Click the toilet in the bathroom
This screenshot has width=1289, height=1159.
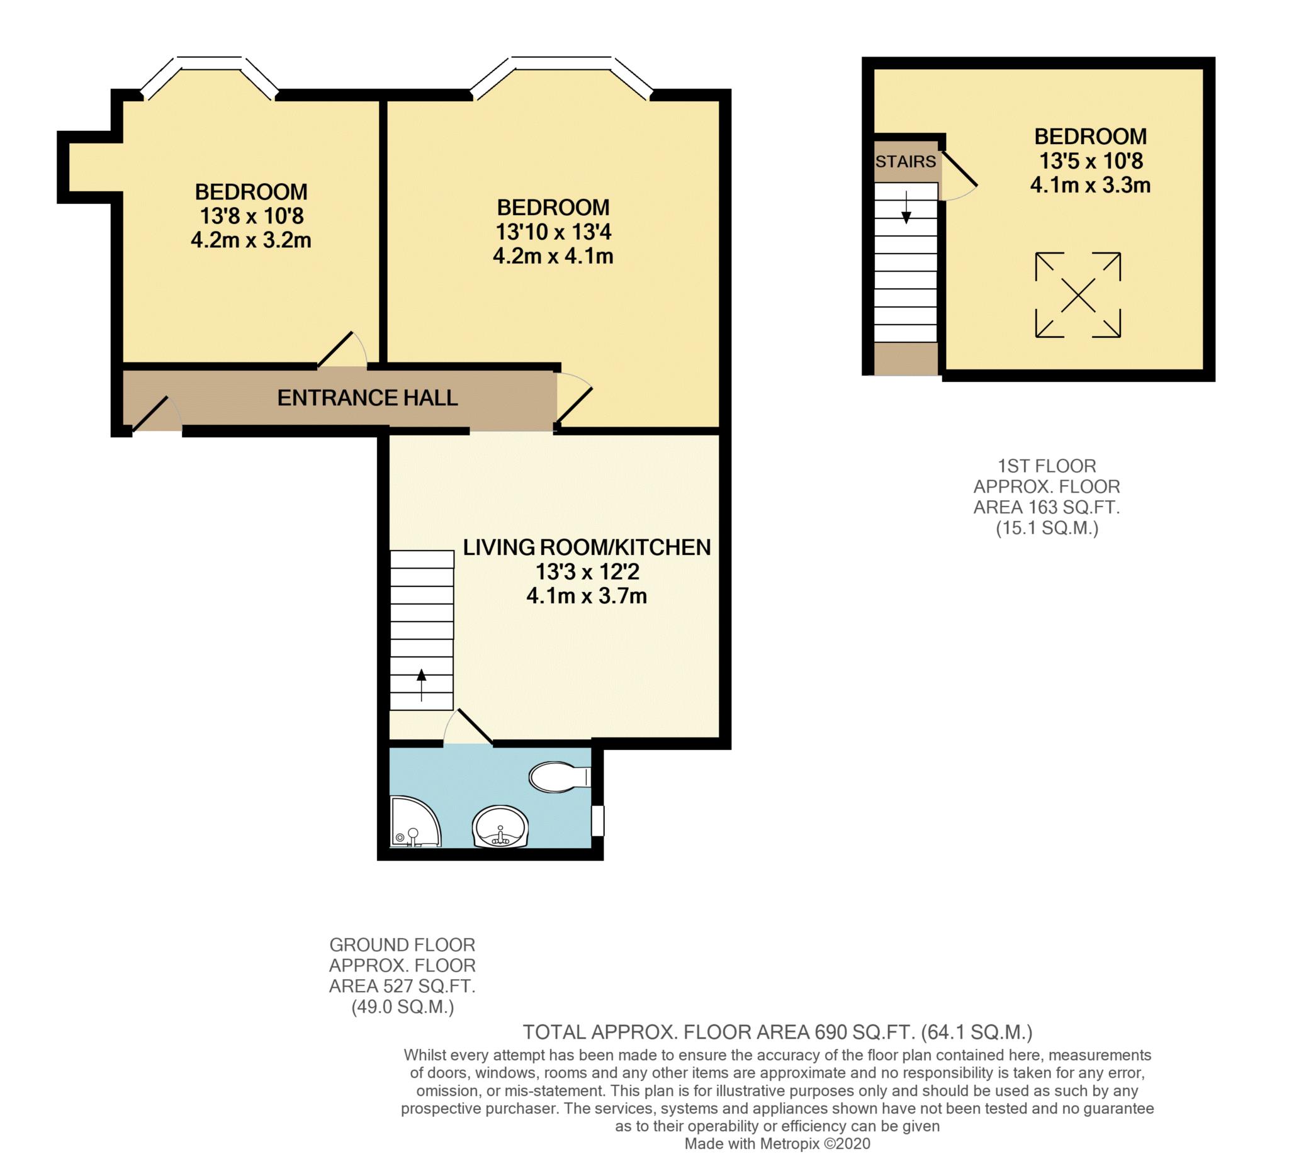[x=559, y=777]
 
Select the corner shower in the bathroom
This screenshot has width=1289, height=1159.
[x=415, y=822]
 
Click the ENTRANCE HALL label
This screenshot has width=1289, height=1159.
[x=368, y=398]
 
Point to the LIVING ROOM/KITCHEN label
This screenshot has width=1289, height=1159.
[x=587, y=547]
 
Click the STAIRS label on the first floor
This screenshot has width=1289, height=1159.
[x=906, y=162]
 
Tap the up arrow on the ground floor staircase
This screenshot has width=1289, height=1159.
[x=422, y=685]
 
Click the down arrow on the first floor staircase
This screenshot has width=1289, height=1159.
[x=906, y=207]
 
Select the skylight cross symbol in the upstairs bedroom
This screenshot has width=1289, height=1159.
[x=1078, y=295]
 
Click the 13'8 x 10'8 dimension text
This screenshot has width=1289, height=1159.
[x=252, y=216]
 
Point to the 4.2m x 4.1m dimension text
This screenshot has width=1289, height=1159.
[x=553, y=256]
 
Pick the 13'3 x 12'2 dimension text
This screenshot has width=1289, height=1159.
[x=587, y=571]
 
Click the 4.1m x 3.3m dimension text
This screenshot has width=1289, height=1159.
[x=1090, y=186]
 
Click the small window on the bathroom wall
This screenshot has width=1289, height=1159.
[x=597, y=821]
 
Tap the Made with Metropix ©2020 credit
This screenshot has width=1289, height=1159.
[x=777, y=1144]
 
